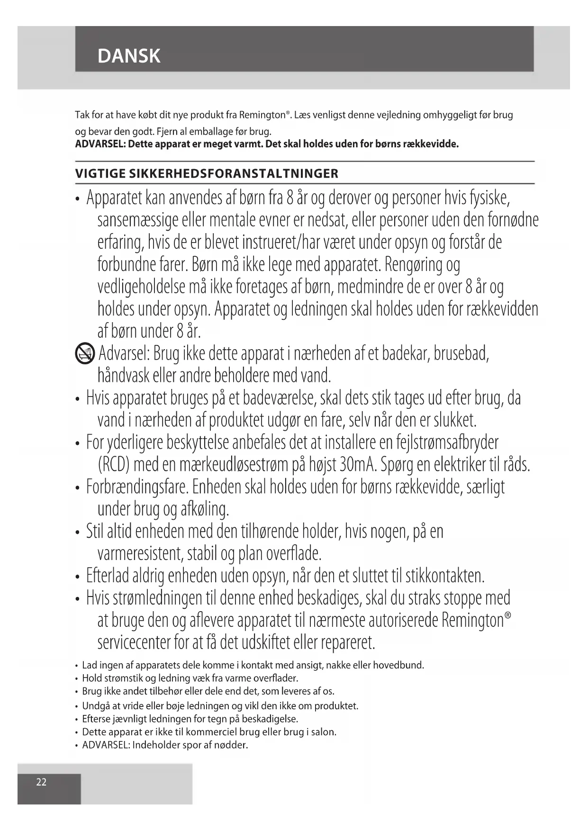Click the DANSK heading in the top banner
point(129,56)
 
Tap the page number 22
point(42,782)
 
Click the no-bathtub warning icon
point(85,354)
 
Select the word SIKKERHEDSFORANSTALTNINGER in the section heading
point(233,174)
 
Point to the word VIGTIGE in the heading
point(100,174)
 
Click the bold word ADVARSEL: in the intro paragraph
point(100,144)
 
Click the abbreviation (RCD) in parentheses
point(114,464)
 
